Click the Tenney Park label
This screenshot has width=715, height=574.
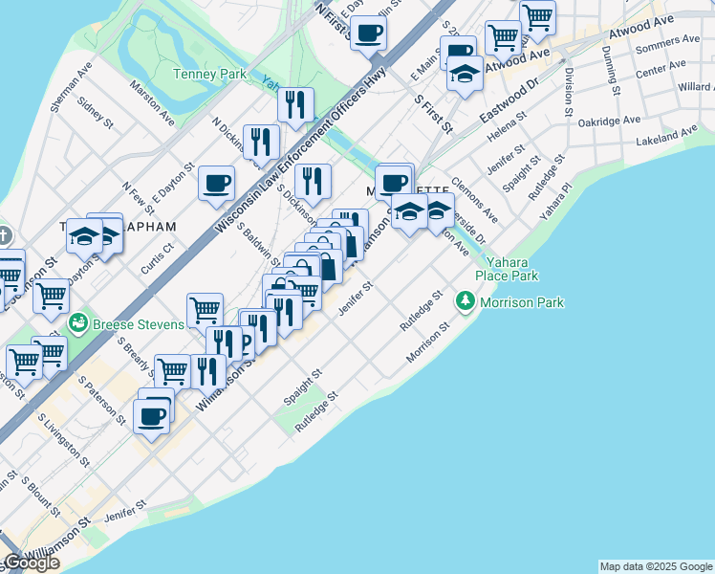(209, 74)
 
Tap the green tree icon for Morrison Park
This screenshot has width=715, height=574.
(466, 302)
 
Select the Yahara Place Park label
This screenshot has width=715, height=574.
(512, 269)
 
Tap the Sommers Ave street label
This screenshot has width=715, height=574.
(667, 44)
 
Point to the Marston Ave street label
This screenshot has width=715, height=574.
(153, 107)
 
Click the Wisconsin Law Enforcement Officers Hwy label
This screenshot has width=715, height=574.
(300, 150)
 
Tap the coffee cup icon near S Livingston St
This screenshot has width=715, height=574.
(152, 416)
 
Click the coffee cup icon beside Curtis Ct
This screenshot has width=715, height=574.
(217, 182)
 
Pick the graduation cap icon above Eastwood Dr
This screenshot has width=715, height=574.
(465, 74)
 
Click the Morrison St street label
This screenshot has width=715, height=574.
(427, 342)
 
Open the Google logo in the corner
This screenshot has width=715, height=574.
(31, 563)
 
